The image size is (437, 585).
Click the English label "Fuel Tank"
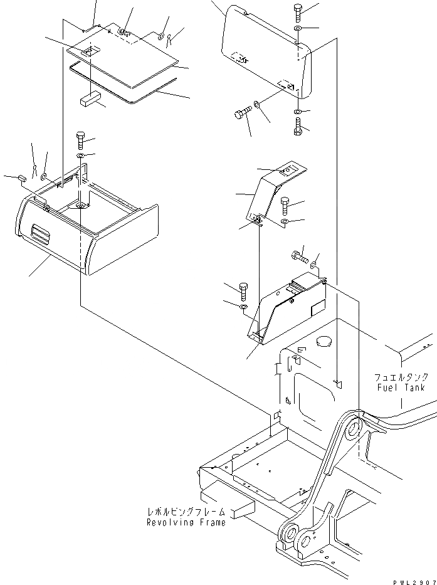[401, 387]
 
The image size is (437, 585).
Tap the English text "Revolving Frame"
[186, 522]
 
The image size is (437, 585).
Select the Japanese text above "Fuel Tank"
[401, 377]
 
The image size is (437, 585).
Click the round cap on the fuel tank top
[325, 342]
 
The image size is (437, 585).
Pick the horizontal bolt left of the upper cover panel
[242, 115]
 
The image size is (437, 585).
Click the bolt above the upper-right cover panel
[297, 13]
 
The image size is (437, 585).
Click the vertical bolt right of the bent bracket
[285, 206]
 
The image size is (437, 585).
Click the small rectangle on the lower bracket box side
[317, 307]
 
